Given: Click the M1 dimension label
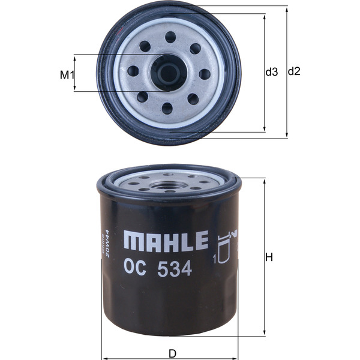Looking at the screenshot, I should click(67, 75).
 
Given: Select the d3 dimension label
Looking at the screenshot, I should click(272, 72).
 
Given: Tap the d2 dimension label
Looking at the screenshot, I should click(294, 71).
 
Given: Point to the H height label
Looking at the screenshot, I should click(269, 257).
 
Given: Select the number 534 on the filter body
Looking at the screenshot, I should click(175, 269).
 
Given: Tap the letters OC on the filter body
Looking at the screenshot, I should click(135, 269).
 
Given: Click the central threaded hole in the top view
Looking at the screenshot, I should click(169, 73).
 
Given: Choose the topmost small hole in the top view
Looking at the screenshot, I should click(170, 37).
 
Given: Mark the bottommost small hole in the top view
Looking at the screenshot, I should click(167, 109).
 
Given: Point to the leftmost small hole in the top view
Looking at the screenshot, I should click(133, 71).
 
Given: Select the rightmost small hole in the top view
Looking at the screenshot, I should click(205, 74).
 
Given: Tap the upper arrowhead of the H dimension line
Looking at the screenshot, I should click(264, 181).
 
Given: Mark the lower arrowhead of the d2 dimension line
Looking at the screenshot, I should click(287, 136).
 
